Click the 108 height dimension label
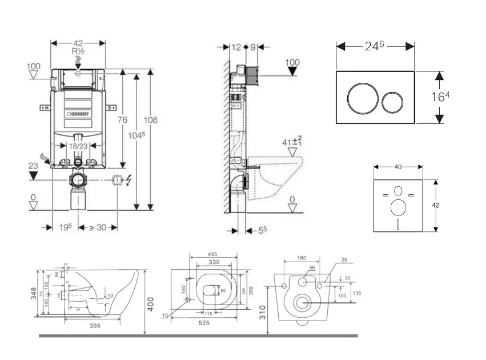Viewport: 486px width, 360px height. click(x=151, y=120)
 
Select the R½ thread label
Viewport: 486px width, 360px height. click(x=78, y=51)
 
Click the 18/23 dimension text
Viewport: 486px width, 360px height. click(x=78, y=147)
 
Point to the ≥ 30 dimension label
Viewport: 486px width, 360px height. click(x=95, y=227)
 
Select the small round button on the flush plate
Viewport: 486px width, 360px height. click(x=392, y=101)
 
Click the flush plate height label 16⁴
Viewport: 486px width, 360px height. click(x=439, y=97)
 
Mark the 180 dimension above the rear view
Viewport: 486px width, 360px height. click(x=302, y=258)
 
